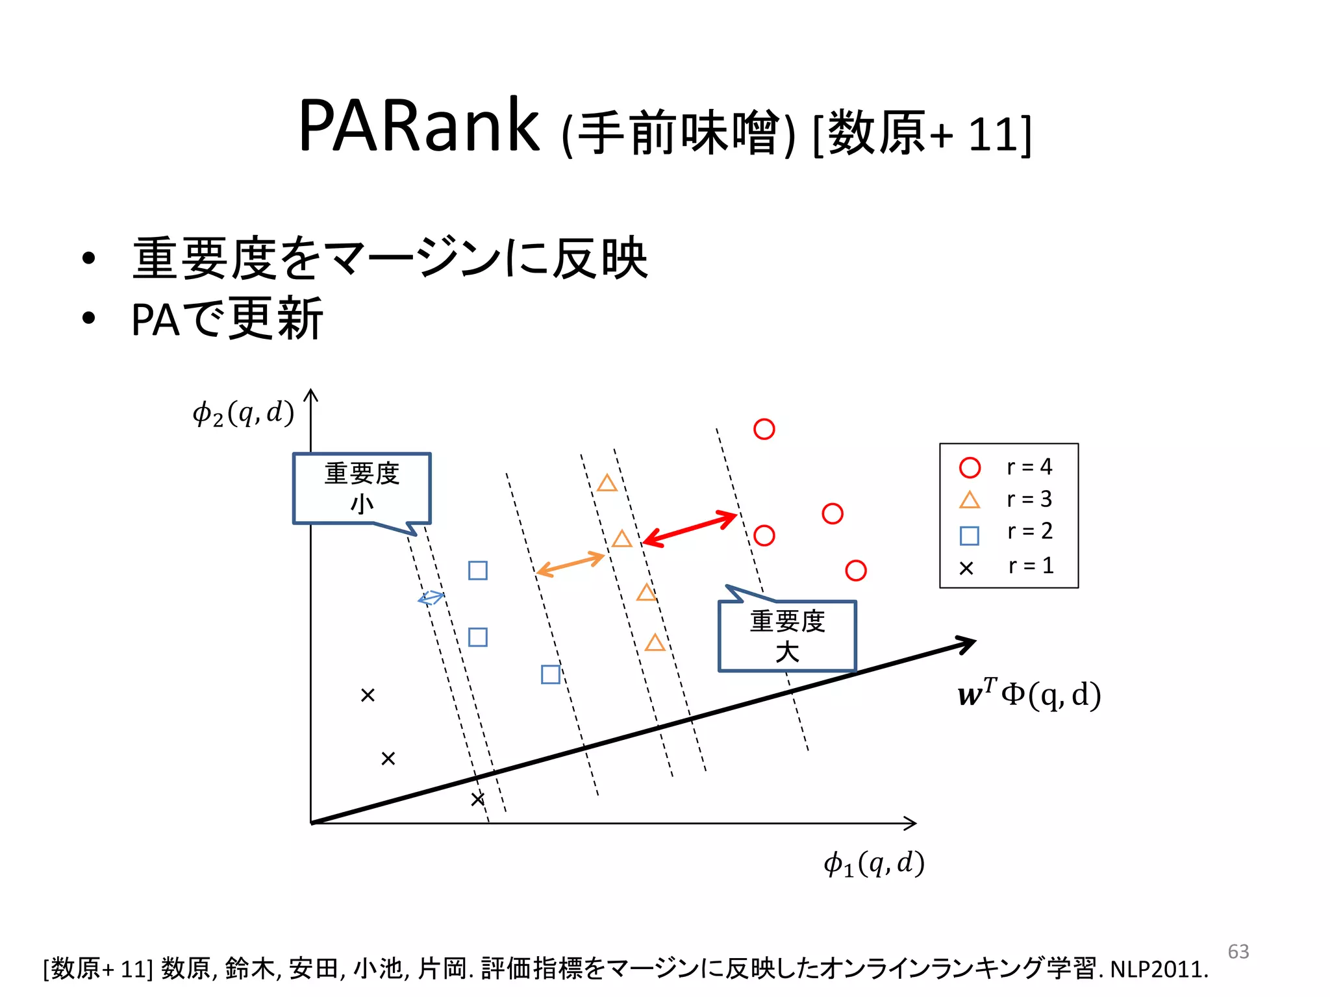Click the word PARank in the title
pyautogui.click(x=418, y=126)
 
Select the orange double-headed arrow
pyautogui.click(x=571, y=564)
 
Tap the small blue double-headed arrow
pyautogui.click(x=431, y=598)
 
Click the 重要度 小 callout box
pyautogui.click(x=362, y=487)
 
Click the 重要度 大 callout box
pyautogui.click(x=787, y=635)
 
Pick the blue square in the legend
pyautogui.click(x=969, y=535)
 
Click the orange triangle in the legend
pyautogui.click(x=969, y=500)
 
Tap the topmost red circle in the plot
pyautogui.click(x=764, y=429)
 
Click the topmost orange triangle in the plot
pyautogui.click(x=607, y=484)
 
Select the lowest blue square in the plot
pyautogui.click(x=550, y=674)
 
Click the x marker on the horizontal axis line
pyautogui.click(x=477, y=799)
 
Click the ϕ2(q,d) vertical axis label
pyautogui.click(x=244, y=413)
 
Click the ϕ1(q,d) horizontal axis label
pyautogui.click(x=873, y=864)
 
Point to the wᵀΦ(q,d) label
pyautogui.click(x=1029, y=694)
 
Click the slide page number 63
pyautogui.click(x=1238, y=952)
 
